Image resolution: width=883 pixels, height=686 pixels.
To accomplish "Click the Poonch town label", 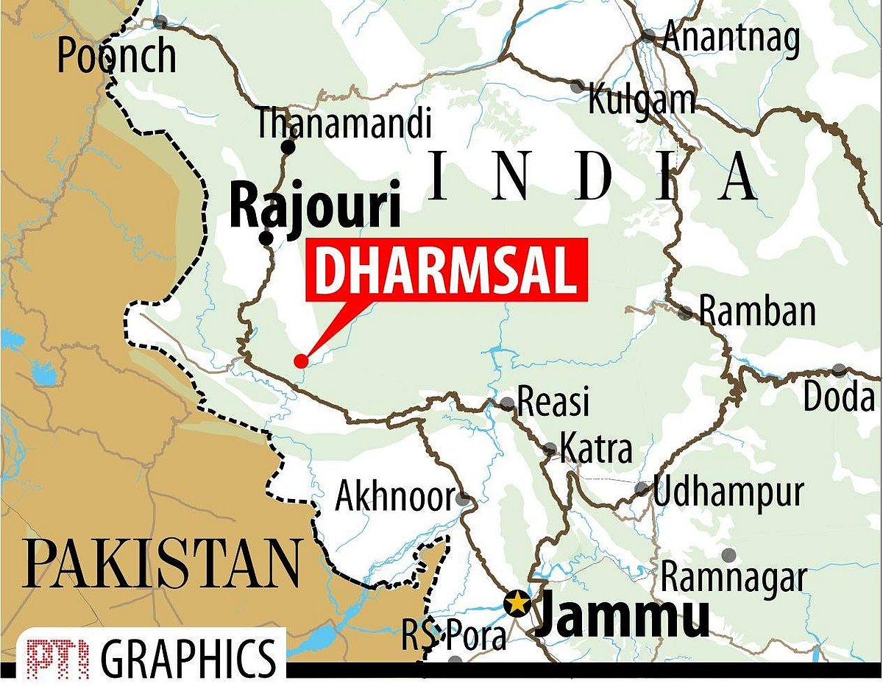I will click(117, 56).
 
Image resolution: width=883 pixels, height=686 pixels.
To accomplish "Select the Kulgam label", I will click(641, 99).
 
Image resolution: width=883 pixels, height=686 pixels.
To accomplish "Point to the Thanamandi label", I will click(343, 124).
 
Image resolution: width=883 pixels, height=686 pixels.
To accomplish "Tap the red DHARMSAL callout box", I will click(446, 270).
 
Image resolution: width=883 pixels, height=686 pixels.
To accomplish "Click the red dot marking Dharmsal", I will click(300, 361).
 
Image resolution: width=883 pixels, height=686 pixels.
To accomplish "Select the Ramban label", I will click(756, 312).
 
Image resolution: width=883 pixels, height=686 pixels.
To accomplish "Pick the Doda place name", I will click(840, 397).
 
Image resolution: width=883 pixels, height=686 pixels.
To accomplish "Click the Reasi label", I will click(554, 403).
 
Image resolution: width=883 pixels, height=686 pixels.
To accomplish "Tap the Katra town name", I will click(595, 448).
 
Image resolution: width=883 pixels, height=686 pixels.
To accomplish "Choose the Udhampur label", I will click(728, 492).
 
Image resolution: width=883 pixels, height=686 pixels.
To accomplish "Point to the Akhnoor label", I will click(394, 498).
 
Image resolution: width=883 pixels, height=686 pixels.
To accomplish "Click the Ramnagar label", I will click(734, 578).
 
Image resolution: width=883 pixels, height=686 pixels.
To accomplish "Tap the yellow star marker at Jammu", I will click(518, 603).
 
